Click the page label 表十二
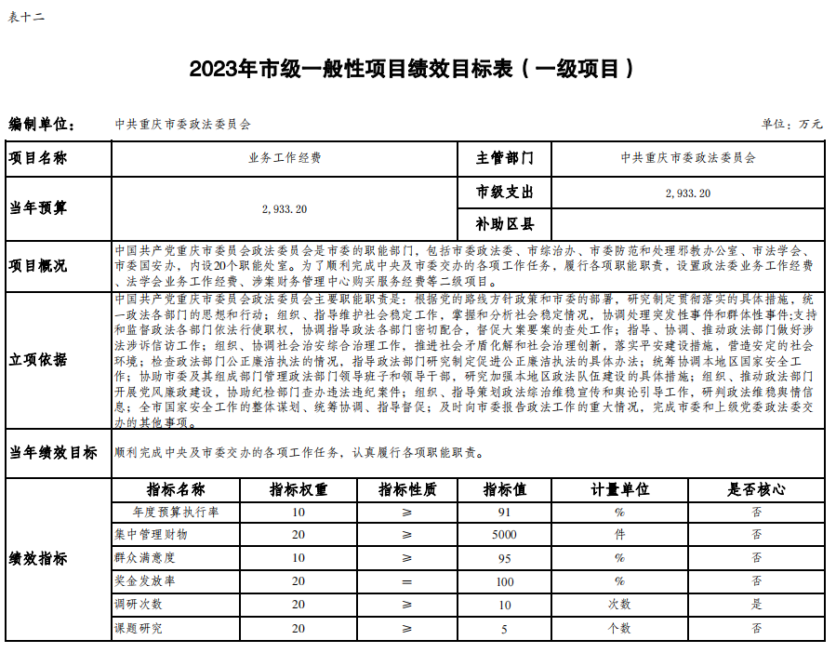tap(26, 16)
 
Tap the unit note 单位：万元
tap(791, 124)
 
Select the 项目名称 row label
tap(39, 158)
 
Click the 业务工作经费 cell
tap(285, 158)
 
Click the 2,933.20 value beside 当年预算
tap(285, 209)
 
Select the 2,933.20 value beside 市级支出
tap(688, 193)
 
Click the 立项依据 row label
tap(39, 361)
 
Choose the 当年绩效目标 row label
tap(53, 453)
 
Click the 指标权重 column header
tap(299, 489)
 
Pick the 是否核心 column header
tap(756, 489)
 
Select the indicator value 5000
tap(504, 535)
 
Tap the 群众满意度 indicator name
tap(144, 558)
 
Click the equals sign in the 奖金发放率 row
tap(406, 581)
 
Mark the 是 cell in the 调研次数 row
tap(756, 605)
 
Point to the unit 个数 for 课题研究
tap(619, 629)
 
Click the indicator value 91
tap(504, 512)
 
